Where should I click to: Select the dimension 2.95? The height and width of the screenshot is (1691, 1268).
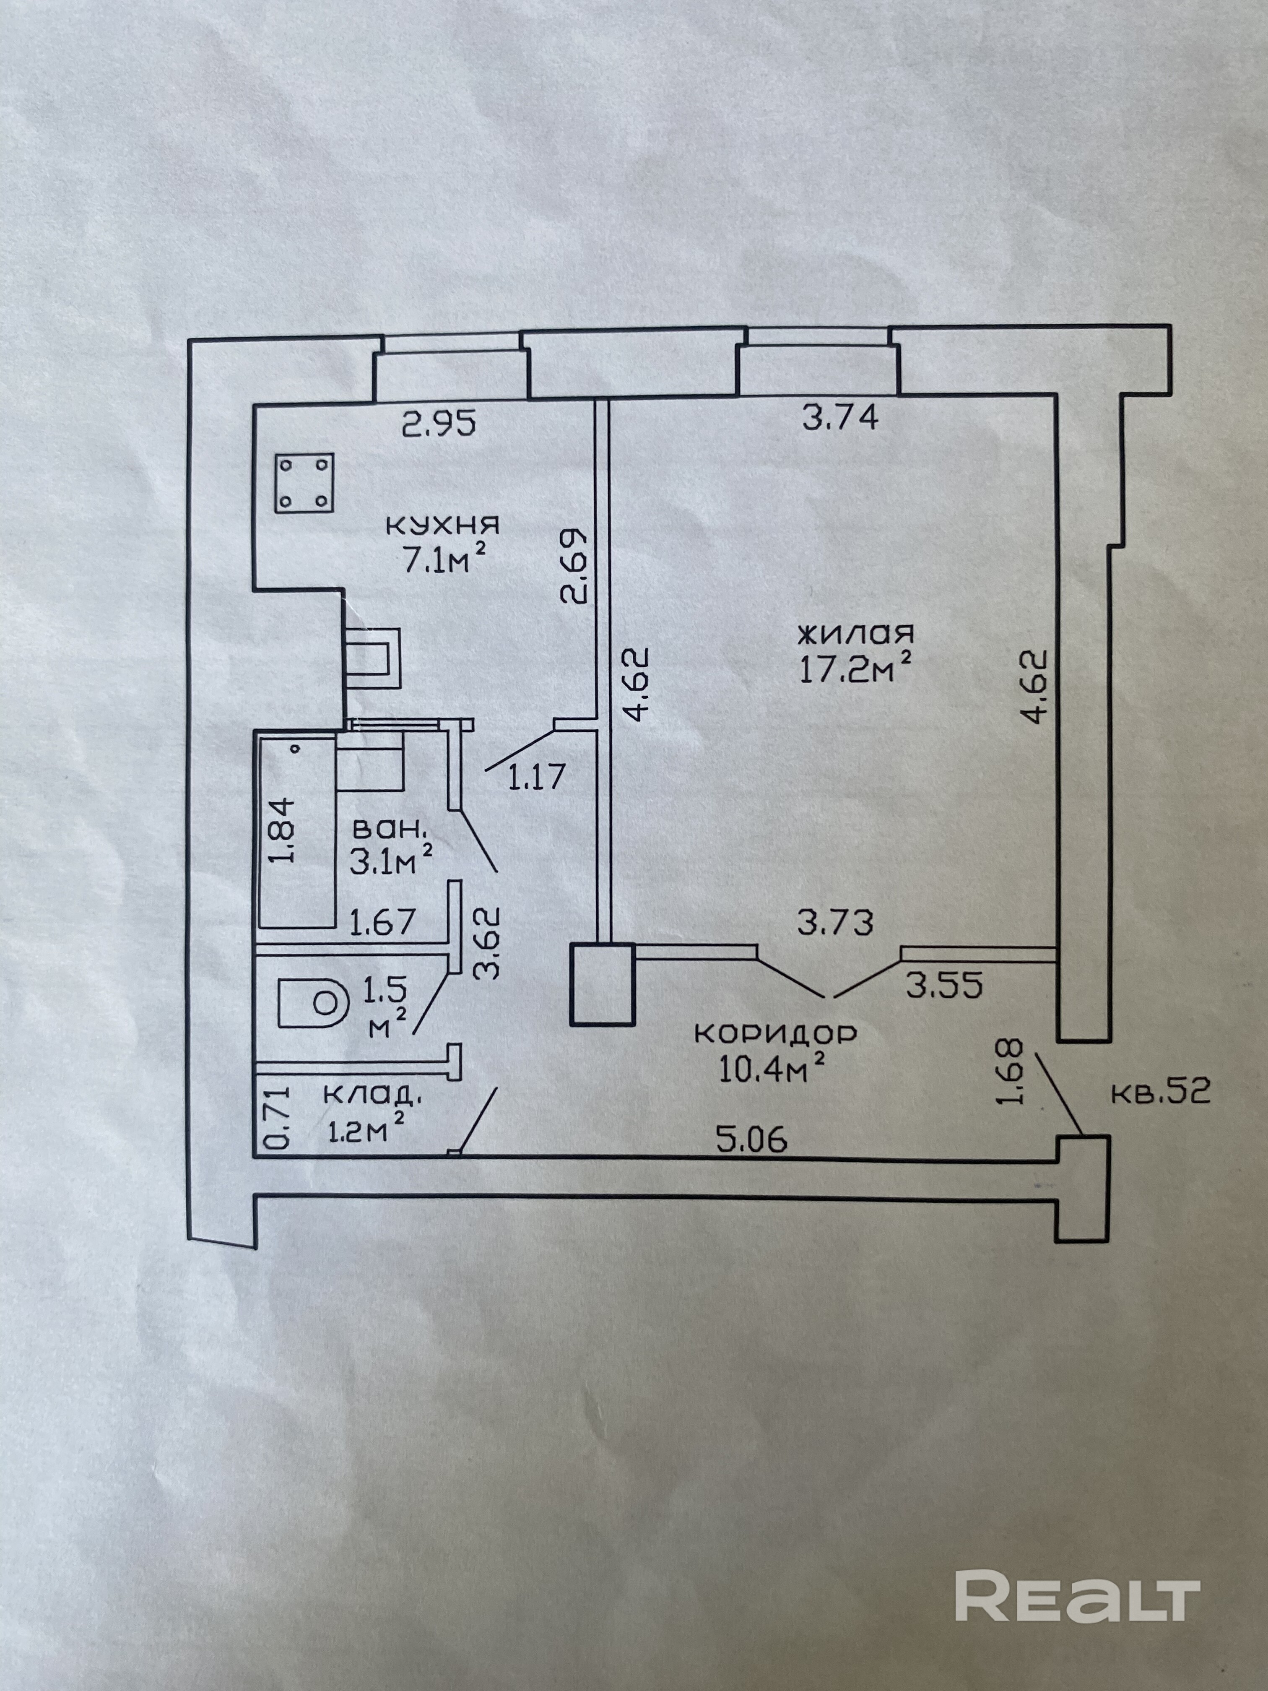click(x=439, y=423)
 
